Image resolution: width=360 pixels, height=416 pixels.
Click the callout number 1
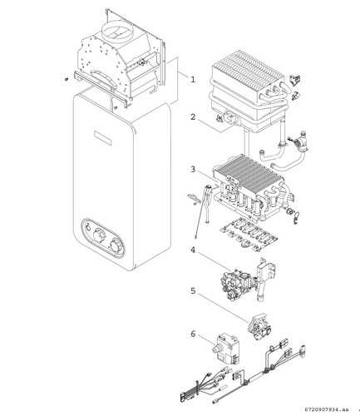pyautogui.click(x=193, y=79)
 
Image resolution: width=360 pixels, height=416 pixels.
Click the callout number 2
pyautogui.click(x=193, y=116)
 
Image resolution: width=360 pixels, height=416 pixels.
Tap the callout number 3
pyautogui.click(x=193, y=169)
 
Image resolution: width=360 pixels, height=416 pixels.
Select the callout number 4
pyautogui.click(x=193, y=250)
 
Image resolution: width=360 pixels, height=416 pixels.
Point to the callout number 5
pyautogui.click(x=193, y=291)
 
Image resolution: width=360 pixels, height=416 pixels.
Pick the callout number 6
pyautogui.click(x=193, y=334)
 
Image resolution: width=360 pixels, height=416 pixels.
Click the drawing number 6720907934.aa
pyautogui.click(x=327, y=409)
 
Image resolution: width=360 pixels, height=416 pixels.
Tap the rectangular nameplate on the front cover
pyautogui.click(x=103, y=138)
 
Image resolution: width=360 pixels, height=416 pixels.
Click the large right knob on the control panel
pyautogui.click(x=116, y=245)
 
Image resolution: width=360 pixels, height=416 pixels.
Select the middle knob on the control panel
pyautogui.click(x=100, y=236)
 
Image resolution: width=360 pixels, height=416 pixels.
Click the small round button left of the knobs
pyautogui.click(x=87, y=228)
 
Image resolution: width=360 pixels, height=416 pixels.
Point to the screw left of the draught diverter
pyautogui.click(x=67, y=79)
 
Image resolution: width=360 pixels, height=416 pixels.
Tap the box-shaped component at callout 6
pyautogui.click(x=226, y=349)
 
